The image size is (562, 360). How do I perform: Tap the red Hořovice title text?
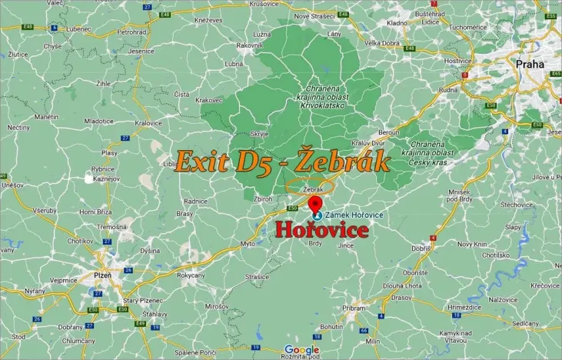pyautogui.click(x=322, y=230)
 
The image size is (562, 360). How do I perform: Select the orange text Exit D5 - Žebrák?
pyautogui.click(x=282, y=162)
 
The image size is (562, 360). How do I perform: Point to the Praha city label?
pyautogui.click(x=530, y=64)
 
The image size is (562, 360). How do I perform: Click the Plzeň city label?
pyautogui.click(x=101, y=275)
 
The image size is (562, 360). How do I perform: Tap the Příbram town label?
pyautogui.click(x=354, y=308)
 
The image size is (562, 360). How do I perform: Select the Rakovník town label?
pyautogui.click(x=250, y=45)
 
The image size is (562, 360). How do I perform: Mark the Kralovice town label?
pyautogui.click(x=148, y=122)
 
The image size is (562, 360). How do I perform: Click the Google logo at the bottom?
pyautogui.click(x=301, y=350)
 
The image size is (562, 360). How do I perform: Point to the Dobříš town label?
pyautogui.click(x=421, y=248)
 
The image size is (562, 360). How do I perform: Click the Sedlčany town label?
pyautogui.click(x=526, y=324)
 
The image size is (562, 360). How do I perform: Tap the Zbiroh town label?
pyautogui.click(x=263, y=198)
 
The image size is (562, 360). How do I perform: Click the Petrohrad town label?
pyautogui.click(x=131, y=32)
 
